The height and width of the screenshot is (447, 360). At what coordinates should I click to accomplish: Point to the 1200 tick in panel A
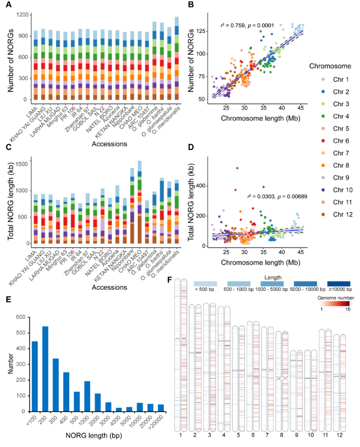coord(20,15)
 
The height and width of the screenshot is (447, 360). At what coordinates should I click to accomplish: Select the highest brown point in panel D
coord(237,168)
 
